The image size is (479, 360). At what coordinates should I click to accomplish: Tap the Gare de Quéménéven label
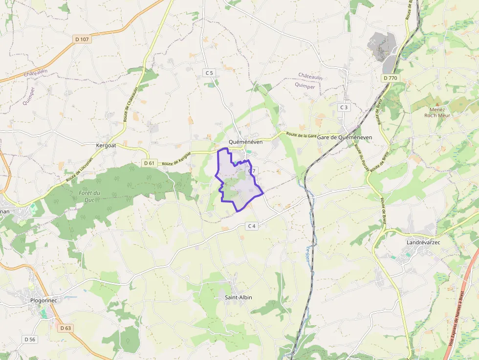pyautogui.click(x=345, y=137)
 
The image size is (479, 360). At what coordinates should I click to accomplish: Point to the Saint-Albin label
pyautogui.click(x=239, y=297)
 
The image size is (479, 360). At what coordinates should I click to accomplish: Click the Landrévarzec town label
pyautogui.click(x=425, y=242)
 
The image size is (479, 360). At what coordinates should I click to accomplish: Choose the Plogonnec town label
pyautogui.click(x=44, y=300)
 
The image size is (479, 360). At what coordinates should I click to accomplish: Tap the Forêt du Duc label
pyautogui.click(x=89, y=196)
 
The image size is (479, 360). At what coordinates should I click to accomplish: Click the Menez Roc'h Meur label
pyautogui.click(x=437, y=112)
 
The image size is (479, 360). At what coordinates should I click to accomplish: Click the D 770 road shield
pyautogui.click(x=391, y=78)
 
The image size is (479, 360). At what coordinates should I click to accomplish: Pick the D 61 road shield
pyautogui.click(x=150, y=163)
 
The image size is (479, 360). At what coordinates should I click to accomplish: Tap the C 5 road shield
pyautogui.click(x=209, y=73)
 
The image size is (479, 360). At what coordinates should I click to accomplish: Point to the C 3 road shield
pyautogui.click(x=345, y=107)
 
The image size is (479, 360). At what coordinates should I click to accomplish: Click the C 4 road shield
pyautogui.click(x=252, y=226)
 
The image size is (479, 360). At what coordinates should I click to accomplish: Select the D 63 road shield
pyautogui.click(x=65, y=328)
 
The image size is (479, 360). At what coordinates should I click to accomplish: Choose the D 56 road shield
pyautogui.click(x=30, y=339)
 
